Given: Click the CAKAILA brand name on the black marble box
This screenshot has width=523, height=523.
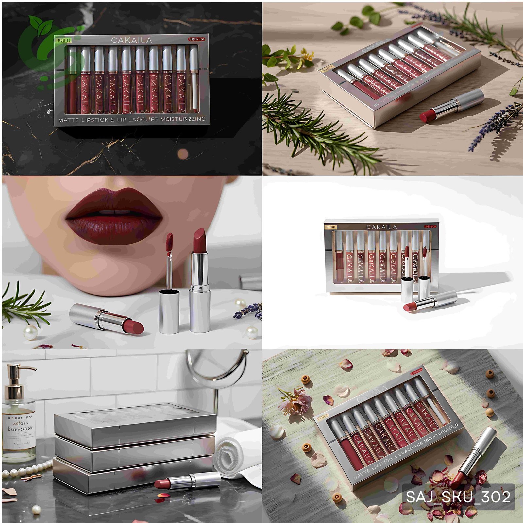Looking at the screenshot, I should click(x=131, y=40).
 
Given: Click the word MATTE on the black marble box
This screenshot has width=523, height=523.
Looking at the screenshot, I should click(x=68, y=120).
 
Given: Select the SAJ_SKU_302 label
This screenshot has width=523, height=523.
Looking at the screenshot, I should click(x=458, y=497).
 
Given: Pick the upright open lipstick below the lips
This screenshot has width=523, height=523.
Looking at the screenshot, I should click(x=199, y=281).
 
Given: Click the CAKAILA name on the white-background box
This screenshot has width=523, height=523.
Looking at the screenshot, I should click(x=381, y=227).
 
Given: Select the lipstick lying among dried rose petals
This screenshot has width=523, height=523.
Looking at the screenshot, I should click(x=476, y=456).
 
